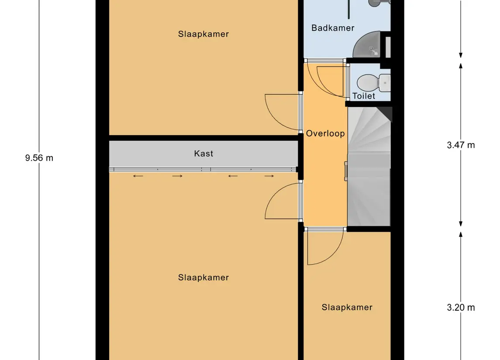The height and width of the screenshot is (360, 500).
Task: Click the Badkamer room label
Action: click(333, 28)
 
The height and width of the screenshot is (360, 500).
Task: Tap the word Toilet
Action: click(364, 96)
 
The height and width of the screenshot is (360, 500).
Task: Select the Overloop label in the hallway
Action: click(325, 134)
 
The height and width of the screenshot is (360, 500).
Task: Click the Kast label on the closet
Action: click(203, 154)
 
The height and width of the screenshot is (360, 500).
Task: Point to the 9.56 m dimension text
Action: click(39, 158)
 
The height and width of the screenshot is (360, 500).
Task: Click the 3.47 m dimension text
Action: click(461, 145)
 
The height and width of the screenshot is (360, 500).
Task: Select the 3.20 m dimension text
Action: click(461, 308)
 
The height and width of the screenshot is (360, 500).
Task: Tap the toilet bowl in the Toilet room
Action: click(365, 82)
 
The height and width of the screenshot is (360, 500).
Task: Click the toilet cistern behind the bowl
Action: click(384, 82)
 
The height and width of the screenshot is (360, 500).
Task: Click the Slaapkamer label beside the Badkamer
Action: click(203, 34)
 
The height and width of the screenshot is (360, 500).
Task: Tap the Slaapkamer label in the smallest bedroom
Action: click(347, 307)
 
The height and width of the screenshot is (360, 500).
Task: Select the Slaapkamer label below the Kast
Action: click(203, 278)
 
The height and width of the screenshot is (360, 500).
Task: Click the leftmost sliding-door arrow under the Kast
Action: click(138, 176)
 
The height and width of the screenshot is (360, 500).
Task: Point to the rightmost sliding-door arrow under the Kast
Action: click(269, 176)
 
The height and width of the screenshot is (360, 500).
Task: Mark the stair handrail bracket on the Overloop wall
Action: click(346, 170)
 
